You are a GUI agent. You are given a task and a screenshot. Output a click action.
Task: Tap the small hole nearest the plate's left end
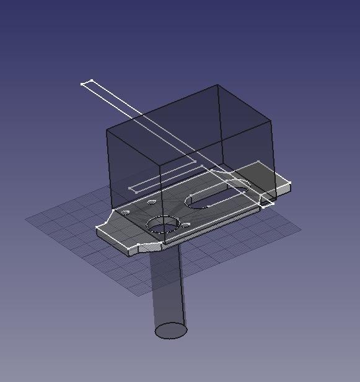pos(126,212)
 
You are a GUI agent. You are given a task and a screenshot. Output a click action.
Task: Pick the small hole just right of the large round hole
pos(185,225)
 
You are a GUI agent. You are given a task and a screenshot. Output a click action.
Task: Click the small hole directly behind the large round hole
pos(151,202)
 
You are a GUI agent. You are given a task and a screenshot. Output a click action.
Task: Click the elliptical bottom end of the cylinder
pos(170,331)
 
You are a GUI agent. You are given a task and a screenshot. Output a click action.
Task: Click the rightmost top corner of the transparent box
pos(272,121)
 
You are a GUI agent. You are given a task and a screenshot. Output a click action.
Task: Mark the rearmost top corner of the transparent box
pos(217,85)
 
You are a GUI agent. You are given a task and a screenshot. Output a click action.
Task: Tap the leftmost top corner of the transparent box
pos(108,130)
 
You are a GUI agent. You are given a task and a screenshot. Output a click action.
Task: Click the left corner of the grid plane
pos(26,219)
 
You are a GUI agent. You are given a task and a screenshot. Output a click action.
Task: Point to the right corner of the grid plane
pos(301,230)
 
